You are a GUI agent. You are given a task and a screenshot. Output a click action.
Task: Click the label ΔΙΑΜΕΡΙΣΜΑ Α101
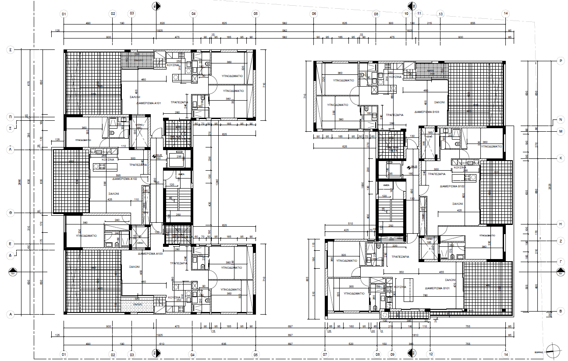click(x=149, y=104)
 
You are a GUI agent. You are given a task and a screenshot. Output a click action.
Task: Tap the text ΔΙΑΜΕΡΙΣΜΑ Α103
click(x=150, y=254)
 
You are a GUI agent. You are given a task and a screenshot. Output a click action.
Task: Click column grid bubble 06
click(x=314, y=14)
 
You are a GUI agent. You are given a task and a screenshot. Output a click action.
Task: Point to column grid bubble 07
click(x=325, y=354)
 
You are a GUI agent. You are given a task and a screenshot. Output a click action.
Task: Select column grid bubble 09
click(x=393, y=354)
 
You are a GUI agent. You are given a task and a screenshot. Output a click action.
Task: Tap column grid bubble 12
click(x=431, y=354)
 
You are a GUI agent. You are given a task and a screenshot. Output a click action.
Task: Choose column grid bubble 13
click(x=440, y=14)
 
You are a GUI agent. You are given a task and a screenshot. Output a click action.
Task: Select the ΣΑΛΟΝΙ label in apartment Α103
click(x=134, y=266)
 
